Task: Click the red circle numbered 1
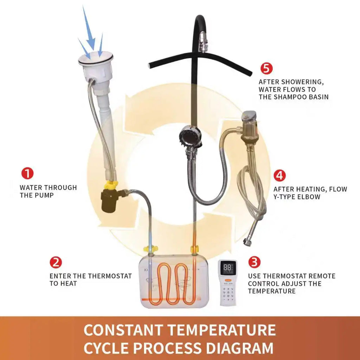pos(27,173)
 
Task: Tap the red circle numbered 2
pos(56,262)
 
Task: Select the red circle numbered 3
pos(255,262)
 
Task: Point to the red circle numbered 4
pos(279,175)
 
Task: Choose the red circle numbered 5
pos(266,68)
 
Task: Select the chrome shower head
pos(190,137)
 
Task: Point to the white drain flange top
pos(96,59)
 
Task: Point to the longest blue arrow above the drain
pos(89,28)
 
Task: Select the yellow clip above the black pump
pos(111,184)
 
